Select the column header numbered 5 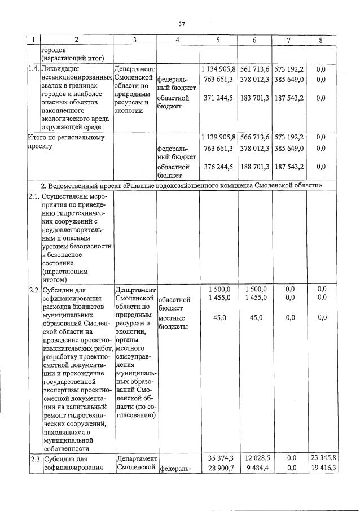[x=217, y=40]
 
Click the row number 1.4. [x=34, y=69]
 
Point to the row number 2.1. [x=34, y=196]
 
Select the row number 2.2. [x=34, y=290]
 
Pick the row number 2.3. [x=34, y=458]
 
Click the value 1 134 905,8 [x=217, y=69]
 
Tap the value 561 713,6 [x=254, y=69]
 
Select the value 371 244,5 [x=219, y=98]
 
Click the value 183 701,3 [x=254, y=98]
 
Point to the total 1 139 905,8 [x=217, y=137]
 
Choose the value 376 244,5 [x=219, y=167]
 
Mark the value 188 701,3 [x=254, y=167]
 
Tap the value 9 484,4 [x=257, y=468]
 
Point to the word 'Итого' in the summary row [x=38, y=137]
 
